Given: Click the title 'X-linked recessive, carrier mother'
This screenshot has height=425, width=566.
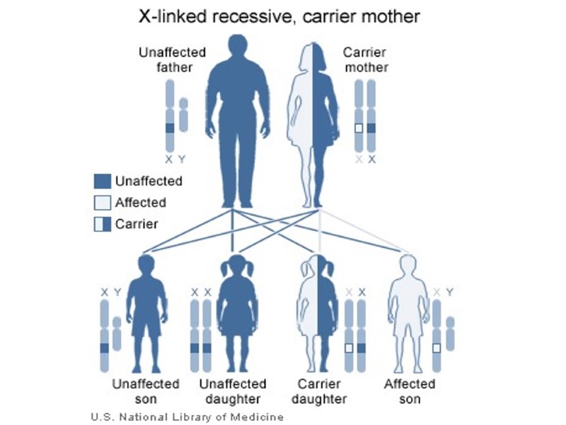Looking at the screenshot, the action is pos(282,16).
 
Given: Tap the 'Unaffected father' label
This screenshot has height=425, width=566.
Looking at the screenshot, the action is pos(172,60).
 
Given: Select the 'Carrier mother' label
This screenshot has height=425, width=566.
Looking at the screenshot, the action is pos(366,60).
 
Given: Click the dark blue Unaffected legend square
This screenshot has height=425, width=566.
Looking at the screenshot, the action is pos(102,181).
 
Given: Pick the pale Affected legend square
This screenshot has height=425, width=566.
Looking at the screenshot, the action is pos(102,203).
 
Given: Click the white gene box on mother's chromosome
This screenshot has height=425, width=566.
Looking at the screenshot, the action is pos(359,129).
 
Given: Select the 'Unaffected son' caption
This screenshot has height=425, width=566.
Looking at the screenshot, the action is pos(146,391).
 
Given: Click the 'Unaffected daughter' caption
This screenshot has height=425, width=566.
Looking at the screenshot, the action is pos(233,391).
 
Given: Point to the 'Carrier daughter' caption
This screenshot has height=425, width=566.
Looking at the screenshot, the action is pos(319,391).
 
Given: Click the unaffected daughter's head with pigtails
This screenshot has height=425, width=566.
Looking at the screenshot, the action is pos(233,269).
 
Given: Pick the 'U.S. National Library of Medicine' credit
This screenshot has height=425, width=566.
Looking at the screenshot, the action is pos(187,416).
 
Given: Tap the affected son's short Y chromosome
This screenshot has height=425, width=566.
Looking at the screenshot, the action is pos(451,333).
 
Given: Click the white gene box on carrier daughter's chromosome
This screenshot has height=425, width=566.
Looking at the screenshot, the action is pos(349,348).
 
